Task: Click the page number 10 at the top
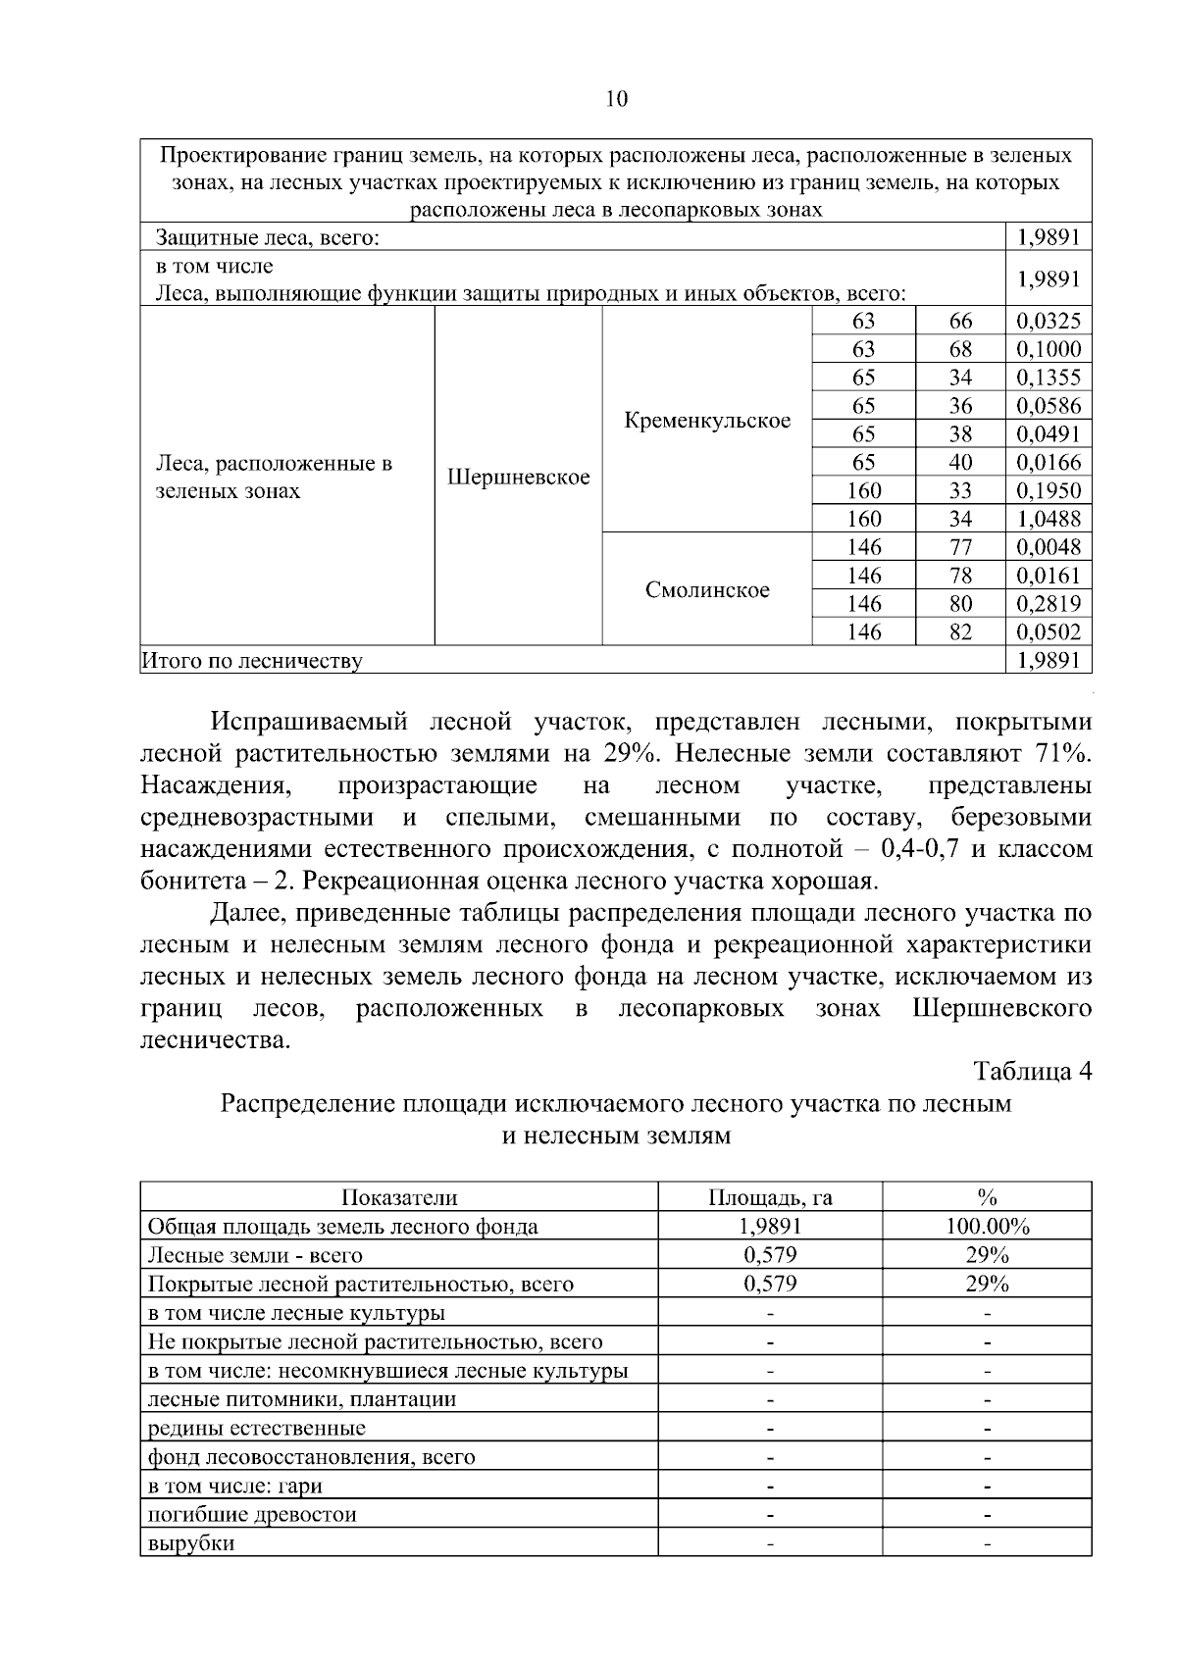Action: [x=616, y=98]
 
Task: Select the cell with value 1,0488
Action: [x=1048, y=519]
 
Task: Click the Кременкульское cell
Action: [x=706, y=421]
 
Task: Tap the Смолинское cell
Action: [x=706, y=589]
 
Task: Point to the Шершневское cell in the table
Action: [x=518, y=478]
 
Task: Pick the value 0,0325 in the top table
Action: [x=1048, y=321]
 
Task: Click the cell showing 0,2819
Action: [x=1048, y=603]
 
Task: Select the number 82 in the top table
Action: [x=960, y=631]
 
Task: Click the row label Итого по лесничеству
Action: [x=252, y=661]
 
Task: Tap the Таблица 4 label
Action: [x=1032, y=1071]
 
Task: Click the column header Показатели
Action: [x=399, y=1197]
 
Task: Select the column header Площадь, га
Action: [x=770, y=1197]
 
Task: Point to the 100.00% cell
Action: [x=987, y=1226]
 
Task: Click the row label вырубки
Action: [x=190, y=1542]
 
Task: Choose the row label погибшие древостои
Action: [x=251, y=1514]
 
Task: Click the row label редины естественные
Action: [x=256, y=1428]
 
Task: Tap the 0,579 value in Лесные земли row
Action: [x=770, y=1254]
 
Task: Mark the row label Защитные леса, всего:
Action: [x=268, y=237]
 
